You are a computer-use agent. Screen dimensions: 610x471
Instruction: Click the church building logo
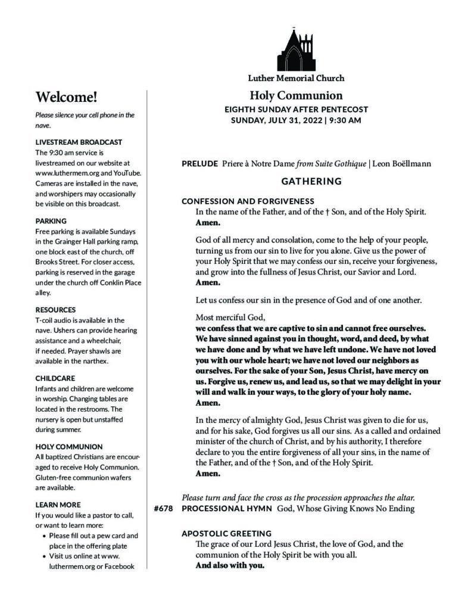295,50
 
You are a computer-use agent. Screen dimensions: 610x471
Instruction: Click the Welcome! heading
66,97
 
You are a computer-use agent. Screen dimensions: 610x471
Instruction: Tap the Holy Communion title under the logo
296,95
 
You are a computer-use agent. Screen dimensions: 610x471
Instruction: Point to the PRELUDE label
199,163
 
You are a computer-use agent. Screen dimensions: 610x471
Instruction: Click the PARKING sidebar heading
51,220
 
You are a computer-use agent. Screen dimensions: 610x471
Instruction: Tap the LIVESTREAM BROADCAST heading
79,142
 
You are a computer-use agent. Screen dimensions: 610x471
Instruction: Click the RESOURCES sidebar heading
56,310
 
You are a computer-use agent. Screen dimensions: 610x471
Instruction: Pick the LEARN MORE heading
58,505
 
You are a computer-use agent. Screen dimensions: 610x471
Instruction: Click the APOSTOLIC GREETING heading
226,533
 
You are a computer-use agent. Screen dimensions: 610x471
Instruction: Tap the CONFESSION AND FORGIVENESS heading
248,201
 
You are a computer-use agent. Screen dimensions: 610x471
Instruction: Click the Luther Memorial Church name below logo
296,78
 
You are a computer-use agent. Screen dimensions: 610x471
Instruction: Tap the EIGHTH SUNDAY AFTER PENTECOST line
296,110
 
